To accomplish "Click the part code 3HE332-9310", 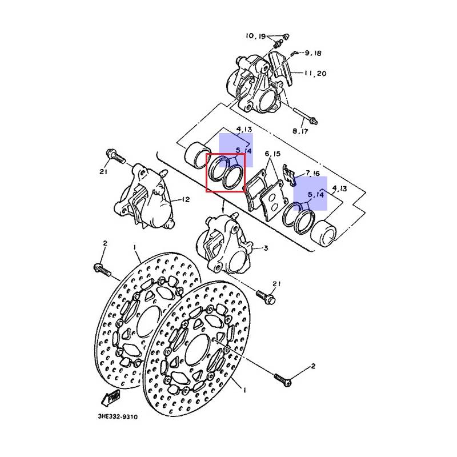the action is pos(118,417).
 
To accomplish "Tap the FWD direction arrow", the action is pos(110,398).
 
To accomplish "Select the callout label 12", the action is pos(186,199).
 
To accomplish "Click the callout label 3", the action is pos(266,248).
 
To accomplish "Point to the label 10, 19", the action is pos(255,36).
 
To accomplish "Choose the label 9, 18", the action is pos(313,53).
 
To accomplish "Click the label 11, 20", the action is pos(315,73).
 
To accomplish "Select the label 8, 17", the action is pos(300,131).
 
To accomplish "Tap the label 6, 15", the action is pos(272,154).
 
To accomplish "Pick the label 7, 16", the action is pos(312,174).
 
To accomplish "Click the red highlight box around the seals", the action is pos(226,173).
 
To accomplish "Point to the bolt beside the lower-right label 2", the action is pos(283,380).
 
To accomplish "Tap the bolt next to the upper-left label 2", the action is pos(102,270).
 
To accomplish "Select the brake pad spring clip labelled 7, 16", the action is pos(290,175).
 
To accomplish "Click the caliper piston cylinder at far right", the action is pos(323,234).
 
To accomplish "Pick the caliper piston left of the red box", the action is pos(196,155).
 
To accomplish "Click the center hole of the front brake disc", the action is pos(198,350).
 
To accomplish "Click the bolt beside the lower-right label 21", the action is pos(266,296).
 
